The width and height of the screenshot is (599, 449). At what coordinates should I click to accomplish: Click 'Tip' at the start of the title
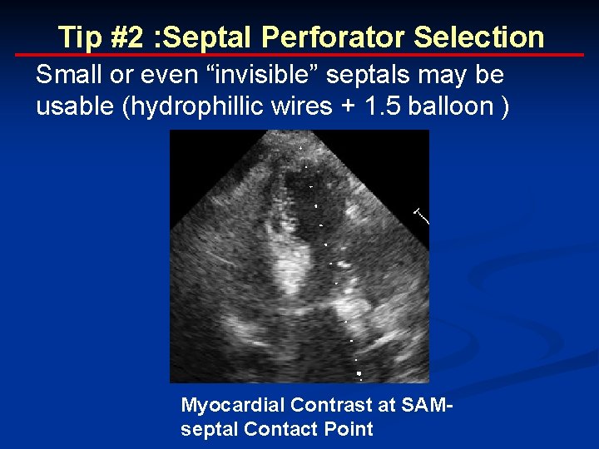(77, 37)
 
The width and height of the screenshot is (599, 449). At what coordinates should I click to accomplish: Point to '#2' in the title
(121, 37)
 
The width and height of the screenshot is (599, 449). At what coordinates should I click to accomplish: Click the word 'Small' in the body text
(66, 75)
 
